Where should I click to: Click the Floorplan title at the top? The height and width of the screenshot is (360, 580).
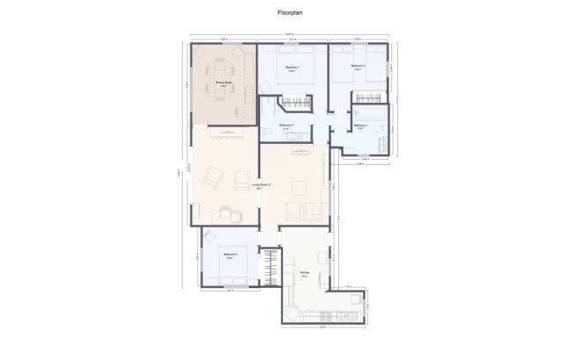tap(289, 14)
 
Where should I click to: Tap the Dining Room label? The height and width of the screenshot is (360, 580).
tap(223, 85)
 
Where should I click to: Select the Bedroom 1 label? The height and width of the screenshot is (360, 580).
tap(292, 68)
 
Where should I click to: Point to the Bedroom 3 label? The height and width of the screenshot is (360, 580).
tap(358, 67)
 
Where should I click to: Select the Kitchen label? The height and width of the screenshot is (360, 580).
tap(304, 274)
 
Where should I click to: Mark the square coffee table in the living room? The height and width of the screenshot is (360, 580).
tap(300, 187)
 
